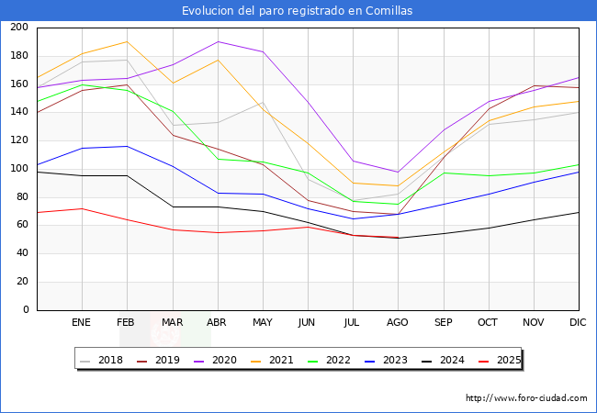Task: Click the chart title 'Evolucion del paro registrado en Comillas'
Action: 298,11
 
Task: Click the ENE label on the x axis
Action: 82,323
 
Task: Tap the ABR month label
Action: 217,323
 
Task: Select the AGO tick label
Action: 398,323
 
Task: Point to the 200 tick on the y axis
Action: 18,28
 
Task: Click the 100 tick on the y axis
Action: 18,169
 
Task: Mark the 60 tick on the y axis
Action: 21,226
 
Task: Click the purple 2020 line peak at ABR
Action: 218,41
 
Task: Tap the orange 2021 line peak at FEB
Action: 127,41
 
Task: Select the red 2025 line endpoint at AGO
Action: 398,238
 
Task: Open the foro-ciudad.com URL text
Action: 526,398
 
